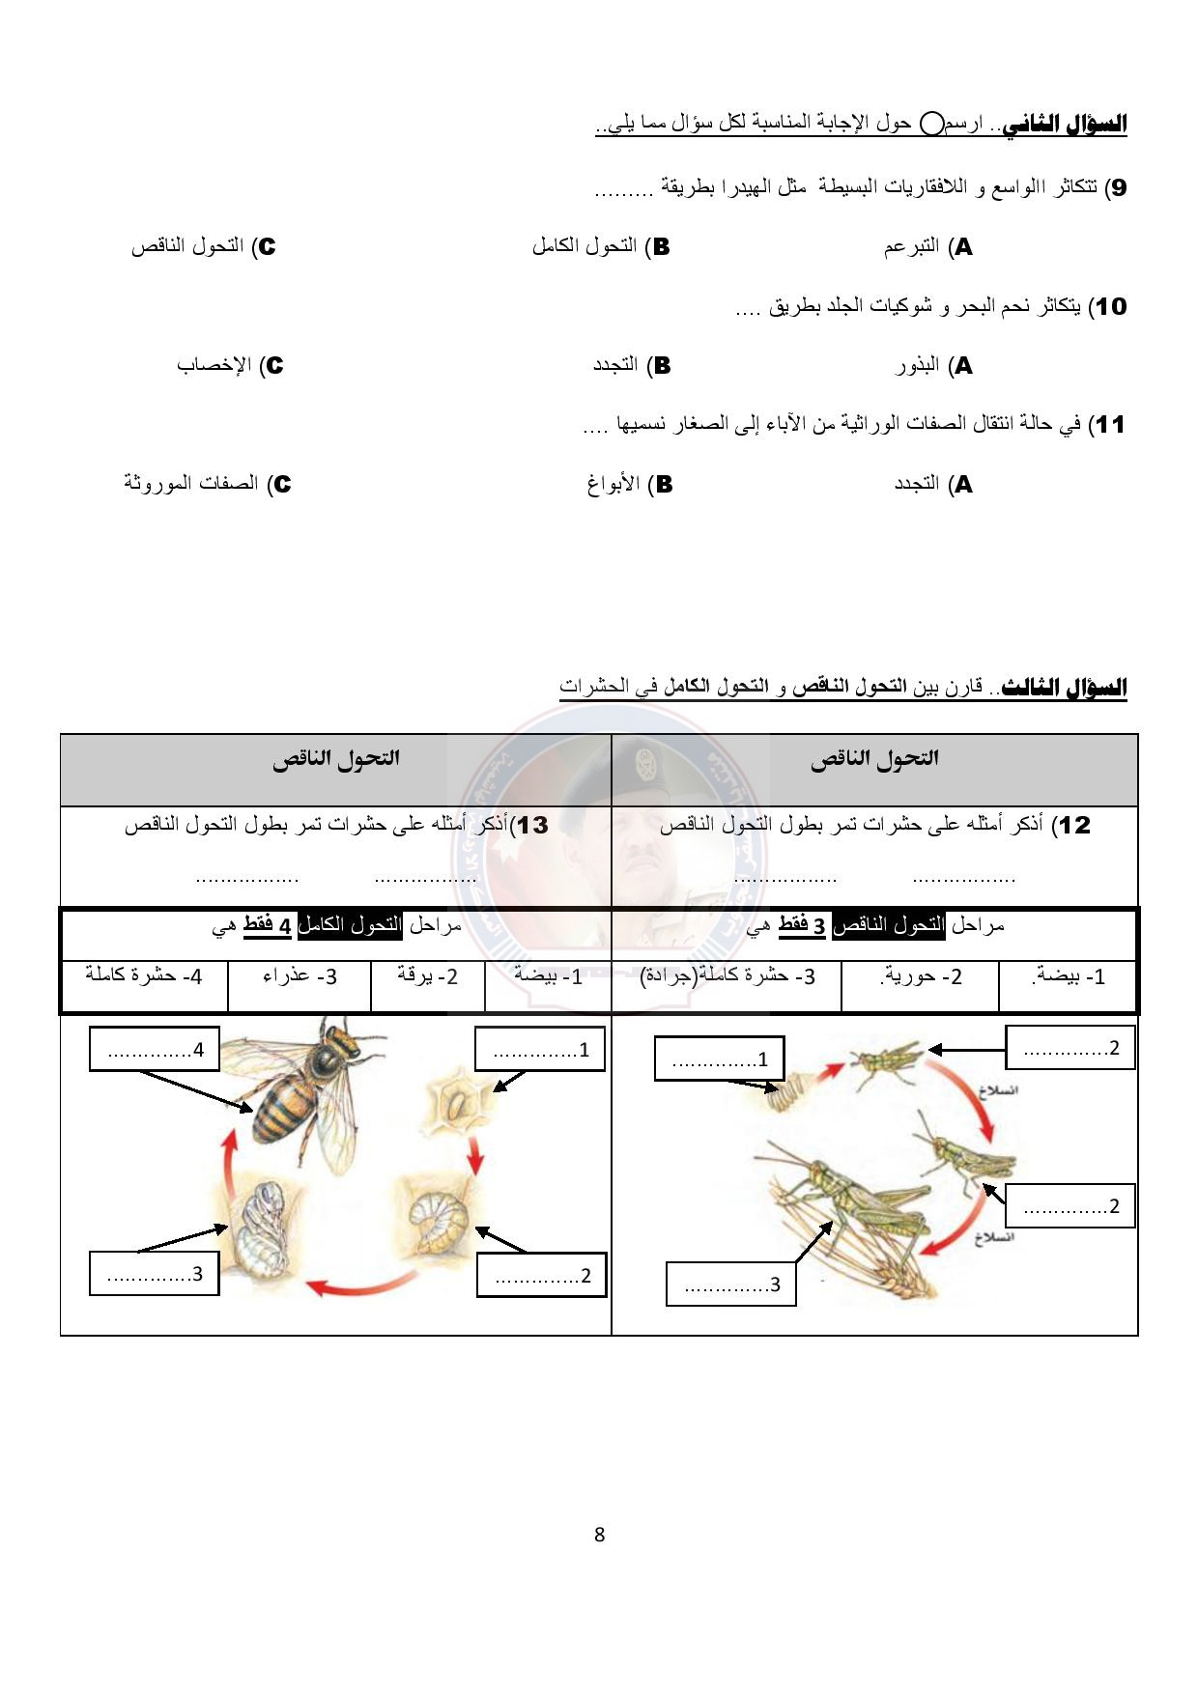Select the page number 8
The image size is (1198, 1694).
click(599, 1535)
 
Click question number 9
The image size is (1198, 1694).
click(1116, 187)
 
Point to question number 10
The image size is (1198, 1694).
click(1109, 307)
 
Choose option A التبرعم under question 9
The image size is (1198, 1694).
click(927, 247)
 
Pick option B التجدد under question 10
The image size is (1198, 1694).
click(631, 366)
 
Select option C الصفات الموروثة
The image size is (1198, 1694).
click(207, 484)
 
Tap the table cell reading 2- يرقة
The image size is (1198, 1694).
click(427, 976)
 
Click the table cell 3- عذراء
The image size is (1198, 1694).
click(299, 976)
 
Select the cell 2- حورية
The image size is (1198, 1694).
click(921, 976)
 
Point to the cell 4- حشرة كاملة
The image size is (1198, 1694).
click(144, 976)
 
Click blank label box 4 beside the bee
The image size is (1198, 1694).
click(155, 1049)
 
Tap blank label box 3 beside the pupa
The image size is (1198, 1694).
click(155, 1273)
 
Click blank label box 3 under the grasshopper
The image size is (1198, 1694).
click(730, 1285)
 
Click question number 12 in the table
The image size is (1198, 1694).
click(1073, 826)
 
